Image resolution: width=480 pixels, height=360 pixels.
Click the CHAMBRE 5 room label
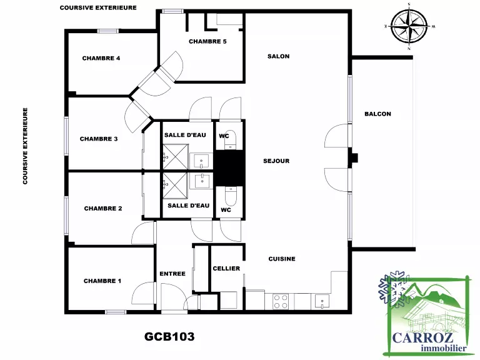(x=207, y=41)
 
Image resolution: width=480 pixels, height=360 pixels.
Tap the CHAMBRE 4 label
(x=101, y=58)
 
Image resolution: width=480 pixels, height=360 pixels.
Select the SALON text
(x=279, y=56)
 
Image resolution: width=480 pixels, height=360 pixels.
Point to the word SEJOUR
(x=276, y=161)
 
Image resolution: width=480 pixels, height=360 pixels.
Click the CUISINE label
(x=282, y=259)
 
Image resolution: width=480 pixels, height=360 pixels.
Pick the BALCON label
(x=377, y=114)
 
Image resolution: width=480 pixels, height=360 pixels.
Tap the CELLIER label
(x=226, y=269)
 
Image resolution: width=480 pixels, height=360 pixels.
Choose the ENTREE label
(x=172, y=274)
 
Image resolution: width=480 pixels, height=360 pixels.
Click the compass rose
(x=409, y=26)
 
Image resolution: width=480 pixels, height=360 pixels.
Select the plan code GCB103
(x=169, y=337)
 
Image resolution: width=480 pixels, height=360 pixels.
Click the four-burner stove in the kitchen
(x=281, y=301)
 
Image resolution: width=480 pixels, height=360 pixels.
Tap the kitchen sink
(x=321, y=301)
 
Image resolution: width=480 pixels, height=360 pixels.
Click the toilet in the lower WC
(x=231, y=196)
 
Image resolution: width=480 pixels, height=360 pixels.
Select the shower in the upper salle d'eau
(x=176, y=157)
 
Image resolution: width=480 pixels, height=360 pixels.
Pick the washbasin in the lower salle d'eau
(x=202, y=181)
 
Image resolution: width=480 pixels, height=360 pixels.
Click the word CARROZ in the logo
(x=422, y=338)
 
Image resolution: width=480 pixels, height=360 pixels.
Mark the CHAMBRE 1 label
(x=102, y=281)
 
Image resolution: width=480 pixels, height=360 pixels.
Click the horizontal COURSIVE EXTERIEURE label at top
(x=98, y=7)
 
